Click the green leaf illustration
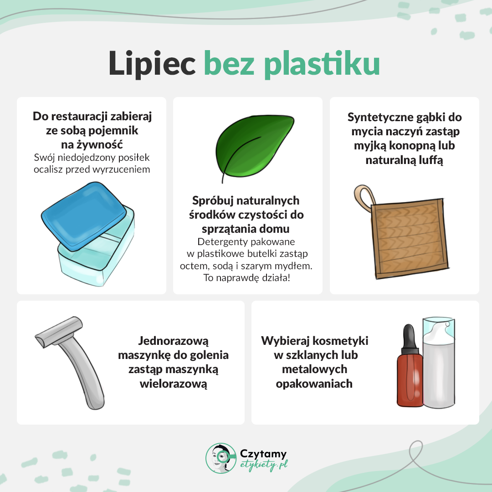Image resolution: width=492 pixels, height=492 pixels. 255,146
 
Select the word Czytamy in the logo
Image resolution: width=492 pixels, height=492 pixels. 263,454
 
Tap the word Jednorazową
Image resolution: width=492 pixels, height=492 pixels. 173,340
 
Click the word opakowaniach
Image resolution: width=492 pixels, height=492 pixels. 314,384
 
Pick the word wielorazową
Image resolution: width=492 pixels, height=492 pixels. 173,384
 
